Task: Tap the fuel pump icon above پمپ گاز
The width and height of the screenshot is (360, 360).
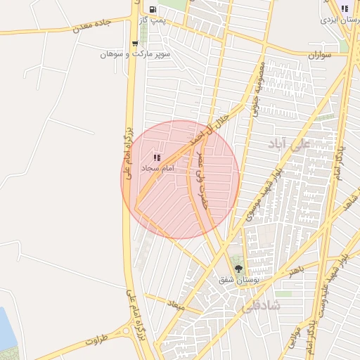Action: click(153, 9)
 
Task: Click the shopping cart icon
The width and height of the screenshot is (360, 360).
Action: click(134, 44)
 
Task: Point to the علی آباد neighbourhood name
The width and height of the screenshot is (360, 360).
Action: click(288, 144)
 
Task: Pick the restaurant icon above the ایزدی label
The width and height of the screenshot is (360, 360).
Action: click(344, 8)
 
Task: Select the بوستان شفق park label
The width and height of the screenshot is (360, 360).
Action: click(236, 279)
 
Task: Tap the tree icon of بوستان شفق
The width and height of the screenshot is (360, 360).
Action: click(238, 268)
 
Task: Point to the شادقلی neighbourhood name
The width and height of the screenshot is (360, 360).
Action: click(259, 307)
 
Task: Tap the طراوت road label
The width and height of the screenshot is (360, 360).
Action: click(98, 340)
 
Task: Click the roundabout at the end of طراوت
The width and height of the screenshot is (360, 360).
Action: click(127, 330)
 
